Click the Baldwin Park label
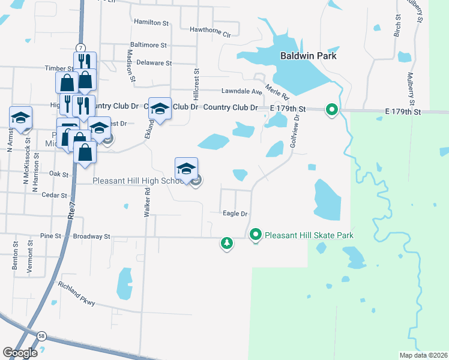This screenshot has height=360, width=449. click(x=308, y=56)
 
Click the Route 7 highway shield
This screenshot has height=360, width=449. click(x=80, y=47)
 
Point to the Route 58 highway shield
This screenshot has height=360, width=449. click(x=41, y=335)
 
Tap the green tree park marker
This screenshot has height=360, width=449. click(x=226, y=243)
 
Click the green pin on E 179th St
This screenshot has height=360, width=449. click(x=331, y=110)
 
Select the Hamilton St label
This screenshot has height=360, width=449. click(x=151, y=22)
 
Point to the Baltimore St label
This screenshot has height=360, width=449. click(x=148, y=45)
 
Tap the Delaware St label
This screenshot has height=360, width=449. click(x=154, y=62)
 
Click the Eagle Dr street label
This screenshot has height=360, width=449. click(x=235, y=214)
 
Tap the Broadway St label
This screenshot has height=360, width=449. click(x=92, y=236)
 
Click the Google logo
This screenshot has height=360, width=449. click(x=20, y=353)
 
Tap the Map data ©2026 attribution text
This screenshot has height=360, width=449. click(x=423, y=355)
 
